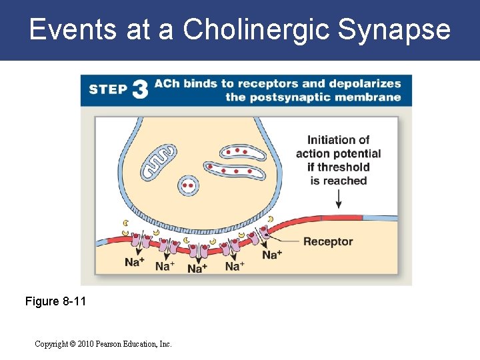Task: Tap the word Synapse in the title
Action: [x=395, y=30]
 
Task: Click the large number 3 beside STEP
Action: [x=139, y=90]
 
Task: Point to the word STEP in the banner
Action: [x=107, y=90]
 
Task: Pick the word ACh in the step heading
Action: [x=166, y=83]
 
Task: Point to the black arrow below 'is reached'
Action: [x=338, y=198]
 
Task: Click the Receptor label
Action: [x=327, y=241]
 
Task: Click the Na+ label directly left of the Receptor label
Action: [x=271, y=255]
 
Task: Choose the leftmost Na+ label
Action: [x=134, y=262]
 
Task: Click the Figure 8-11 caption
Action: [x=55, y=301]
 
